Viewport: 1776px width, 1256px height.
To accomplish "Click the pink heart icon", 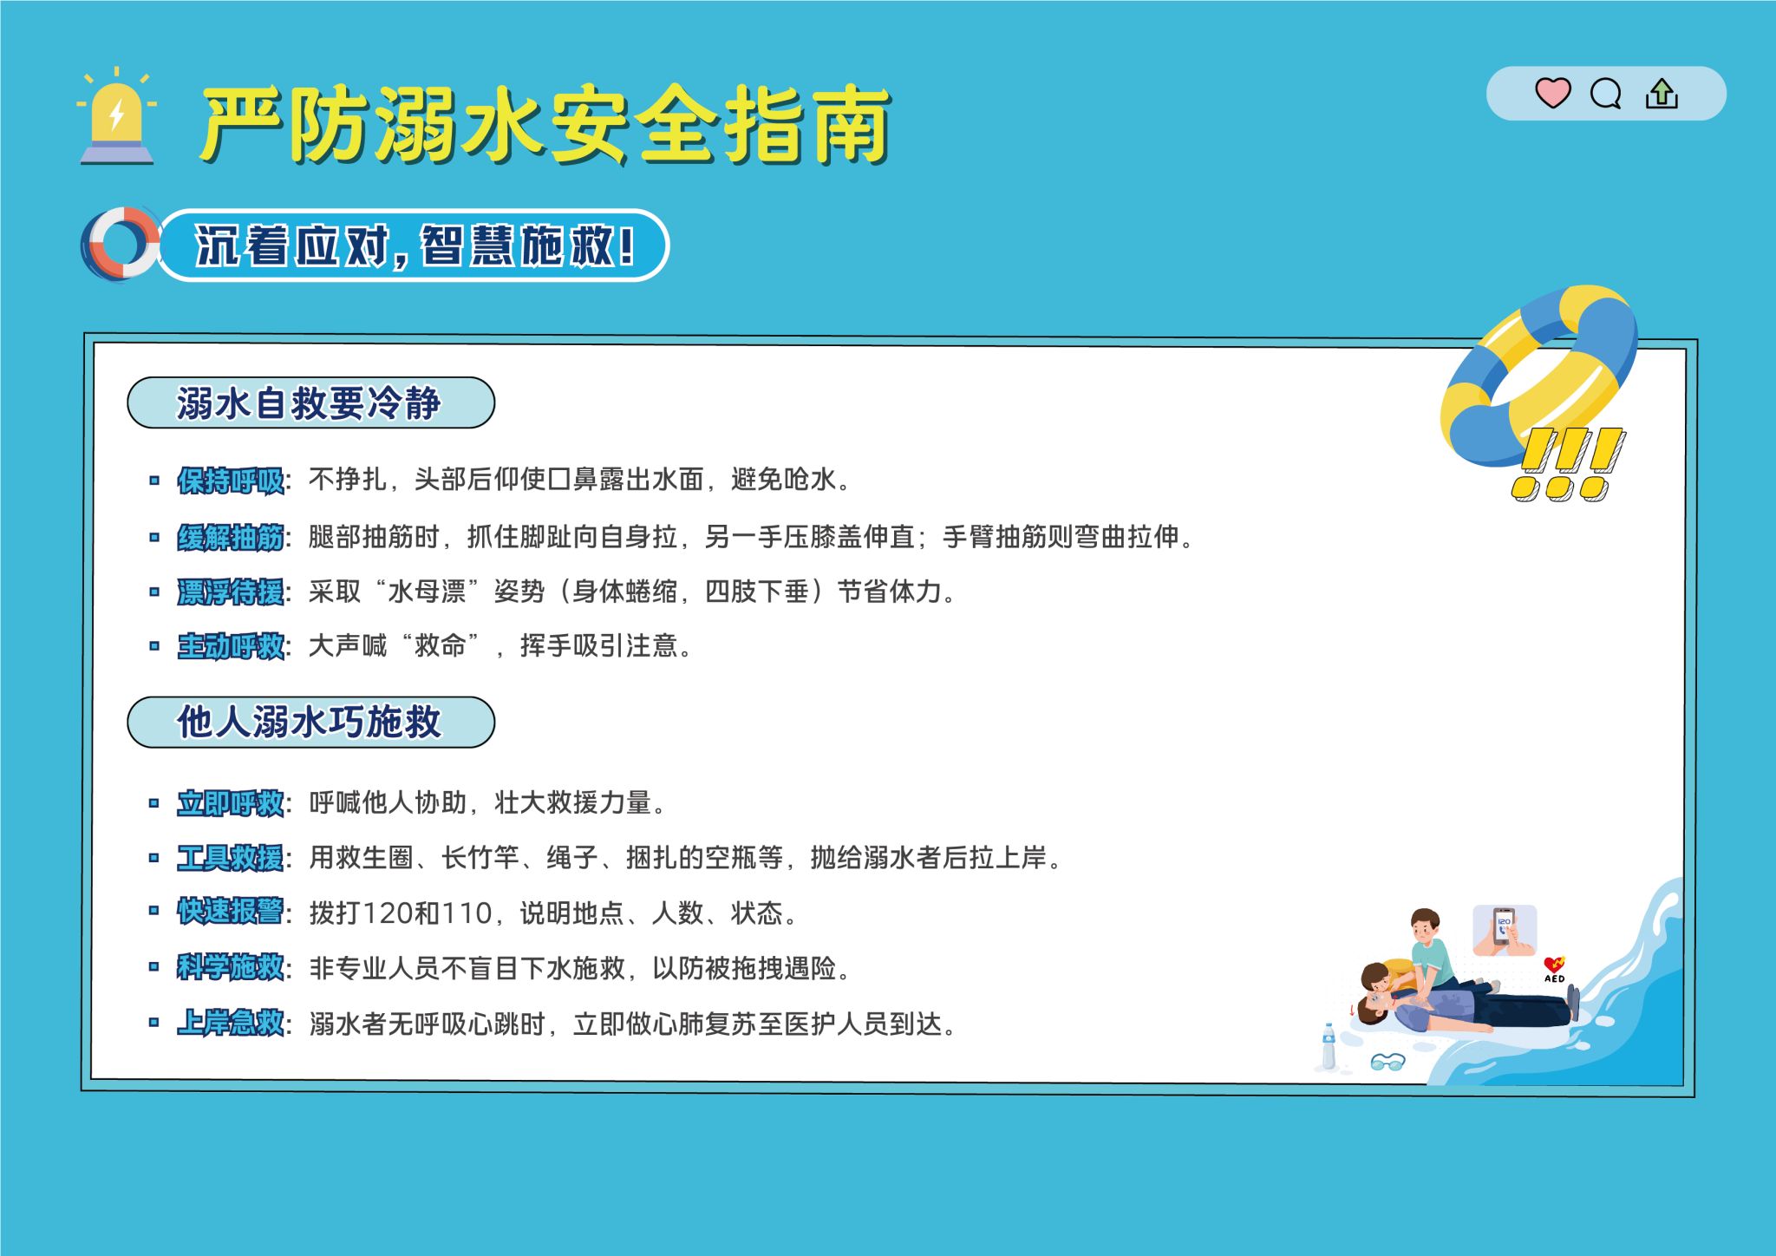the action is coord(1552,93).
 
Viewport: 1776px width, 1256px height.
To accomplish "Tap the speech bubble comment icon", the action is coord(1605,93).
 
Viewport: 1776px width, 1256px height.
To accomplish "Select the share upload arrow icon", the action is coord(1662,93).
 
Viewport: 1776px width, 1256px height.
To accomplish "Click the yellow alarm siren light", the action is coord(117,116).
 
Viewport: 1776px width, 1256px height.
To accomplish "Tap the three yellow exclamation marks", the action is coord(1568,464).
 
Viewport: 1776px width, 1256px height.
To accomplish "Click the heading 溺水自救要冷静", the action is coord(309,403).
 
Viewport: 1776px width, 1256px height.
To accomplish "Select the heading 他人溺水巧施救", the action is coord(309,722).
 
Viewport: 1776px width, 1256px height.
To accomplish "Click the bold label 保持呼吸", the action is coord(231,481).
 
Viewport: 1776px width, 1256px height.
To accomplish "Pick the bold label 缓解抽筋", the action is coord(231,538).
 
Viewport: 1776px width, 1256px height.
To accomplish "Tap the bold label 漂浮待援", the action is coord(231,592).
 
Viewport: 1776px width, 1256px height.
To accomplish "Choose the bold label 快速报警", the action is coord(231,912).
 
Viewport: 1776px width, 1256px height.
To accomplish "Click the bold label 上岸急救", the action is coord(231,1023).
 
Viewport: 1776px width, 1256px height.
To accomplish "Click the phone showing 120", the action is coord(1504,928).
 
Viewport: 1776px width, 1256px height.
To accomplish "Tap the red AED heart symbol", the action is coord(1554,965).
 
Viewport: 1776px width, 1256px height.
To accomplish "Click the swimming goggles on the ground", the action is coord(1387,1062).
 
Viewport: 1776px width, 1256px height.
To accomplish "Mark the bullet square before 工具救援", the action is coord(153,858).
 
